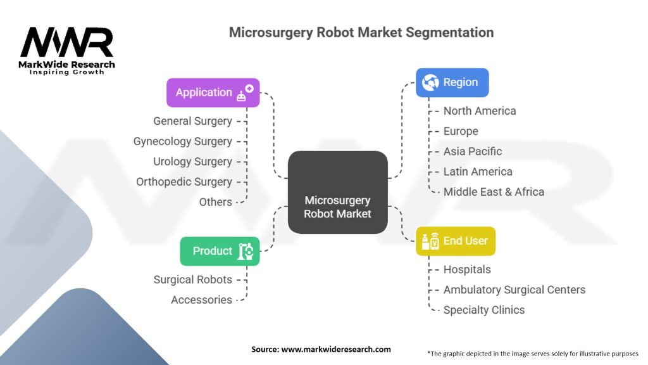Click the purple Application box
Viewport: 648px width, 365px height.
click(213, 93)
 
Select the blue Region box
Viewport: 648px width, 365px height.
click(452, 83)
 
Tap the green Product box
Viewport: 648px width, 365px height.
click(220, 251)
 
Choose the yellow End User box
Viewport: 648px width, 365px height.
click(456, 241)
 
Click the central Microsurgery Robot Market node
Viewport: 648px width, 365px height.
click(338, 192)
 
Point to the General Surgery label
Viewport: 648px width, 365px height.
click(192, 121)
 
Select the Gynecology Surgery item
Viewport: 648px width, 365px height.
click(183, 141)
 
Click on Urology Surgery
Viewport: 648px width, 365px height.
click(192, 162)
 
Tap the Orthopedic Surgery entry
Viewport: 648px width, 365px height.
click(184, 182)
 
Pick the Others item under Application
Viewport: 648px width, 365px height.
click(215, 202)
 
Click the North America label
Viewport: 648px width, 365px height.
click(480, 111)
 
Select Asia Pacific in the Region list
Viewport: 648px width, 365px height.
click(472, 151)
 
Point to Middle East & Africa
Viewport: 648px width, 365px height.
click(494, 192)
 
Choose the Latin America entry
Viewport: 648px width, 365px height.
click(478, 172)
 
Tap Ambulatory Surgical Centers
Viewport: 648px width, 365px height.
click(514, 290)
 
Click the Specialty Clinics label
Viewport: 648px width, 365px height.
click(484, 310)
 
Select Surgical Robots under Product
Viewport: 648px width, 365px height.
click(192, 279)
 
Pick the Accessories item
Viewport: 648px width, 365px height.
click(201, 300)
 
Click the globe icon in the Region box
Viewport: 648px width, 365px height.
click(430, 83)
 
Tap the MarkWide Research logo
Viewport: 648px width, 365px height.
click(66, 51)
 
